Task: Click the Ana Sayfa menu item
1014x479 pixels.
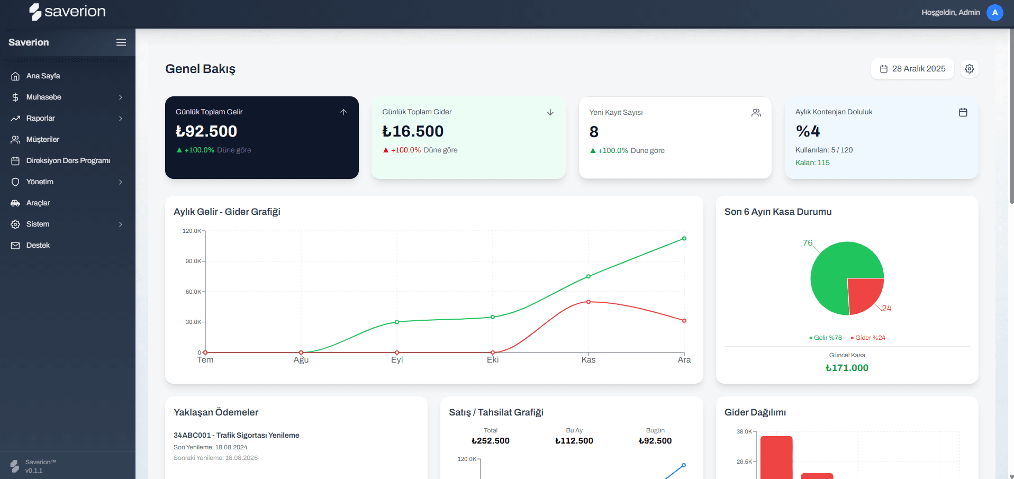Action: pos(43,76)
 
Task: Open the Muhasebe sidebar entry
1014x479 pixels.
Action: pos(44,97)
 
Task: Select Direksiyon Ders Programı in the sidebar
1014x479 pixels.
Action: pos(68,160)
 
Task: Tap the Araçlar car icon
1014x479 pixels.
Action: pos(15,203)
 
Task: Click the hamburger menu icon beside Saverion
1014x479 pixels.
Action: pos(121,42)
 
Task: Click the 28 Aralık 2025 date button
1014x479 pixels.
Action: pos(912,69)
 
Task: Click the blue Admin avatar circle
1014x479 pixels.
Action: pos(994,12)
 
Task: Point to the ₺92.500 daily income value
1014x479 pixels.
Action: pos(206,131)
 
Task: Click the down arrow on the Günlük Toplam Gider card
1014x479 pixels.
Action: pos(550,112)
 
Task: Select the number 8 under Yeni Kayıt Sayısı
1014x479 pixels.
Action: pos(594,132)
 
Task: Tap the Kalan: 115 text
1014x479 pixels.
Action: pos(812,162)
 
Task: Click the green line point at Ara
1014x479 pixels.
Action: pos(684,239)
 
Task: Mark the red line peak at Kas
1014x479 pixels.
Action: pos(588,302)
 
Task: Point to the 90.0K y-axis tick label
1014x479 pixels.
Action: pos(193,261)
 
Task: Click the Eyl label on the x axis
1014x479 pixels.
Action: pos(397,360)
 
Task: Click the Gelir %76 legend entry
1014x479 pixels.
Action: pos(826,338)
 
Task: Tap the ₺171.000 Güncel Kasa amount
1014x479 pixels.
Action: pos(847,368)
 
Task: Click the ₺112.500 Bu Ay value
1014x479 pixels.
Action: pos(574,440)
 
